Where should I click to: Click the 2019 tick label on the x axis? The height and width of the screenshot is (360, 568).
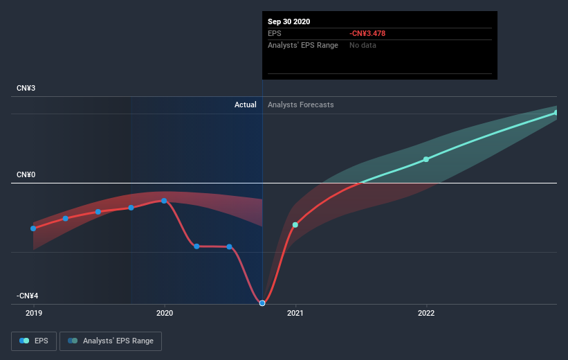click(x=33, y=313)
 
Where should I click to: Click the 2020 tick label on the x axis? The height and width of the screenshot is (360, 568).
click(x=165, y=313)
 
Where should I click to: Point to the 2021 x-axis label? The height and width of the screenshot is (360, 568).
click(x=295, y=313)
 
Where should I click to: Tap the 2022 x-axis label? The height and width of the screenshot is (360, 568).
click(x=426, y=313)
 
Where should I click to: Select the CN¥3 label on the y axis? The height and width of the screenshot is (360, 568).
click(x=26, y=89)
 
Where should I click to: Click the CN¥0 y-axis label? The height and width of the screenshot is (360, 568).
click(x=26, y=175)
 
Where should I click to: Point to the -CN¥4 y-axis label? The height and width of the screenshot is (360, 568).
click(x=28, y=296)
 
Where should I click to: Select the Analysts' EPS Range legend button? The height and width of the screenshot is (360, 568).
click(x=111, y=341)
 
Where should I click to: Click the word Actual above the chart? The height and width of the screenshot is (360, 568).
click(x=245, y=105)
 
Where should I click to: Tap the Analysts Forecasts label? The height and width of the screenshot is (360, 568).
click(x=301, y=105)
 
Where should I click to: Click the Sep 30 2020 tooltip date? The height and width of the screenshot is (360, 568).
click(x=289, y=21)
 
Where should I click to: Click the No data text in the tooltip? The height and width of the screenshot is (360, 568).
click(x=363, y=45)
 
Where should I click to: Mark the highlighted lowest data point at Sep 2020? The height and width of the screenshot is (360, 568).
click(x=262, y=303)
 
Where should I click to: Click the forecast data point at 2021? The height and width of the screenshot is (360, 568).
click(x=295, y=225)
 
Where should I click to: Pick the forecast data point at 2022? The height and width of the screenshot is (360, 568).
click(x=426, y=159)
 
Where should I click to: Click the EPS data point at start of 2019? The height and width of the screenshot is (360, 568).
click(x=33, y=228)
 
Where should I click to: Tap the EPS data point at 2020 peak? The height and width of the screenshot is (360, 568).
click(x=164, y=201)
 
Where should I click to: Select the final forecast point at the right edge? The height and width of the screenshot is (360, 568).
click(x=556, y=112)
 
